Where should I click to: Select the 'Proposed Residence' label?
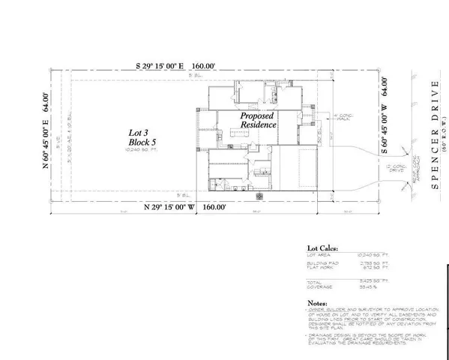pos(257,124)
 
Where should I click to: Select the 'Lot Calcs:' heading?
pos(318,246)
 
